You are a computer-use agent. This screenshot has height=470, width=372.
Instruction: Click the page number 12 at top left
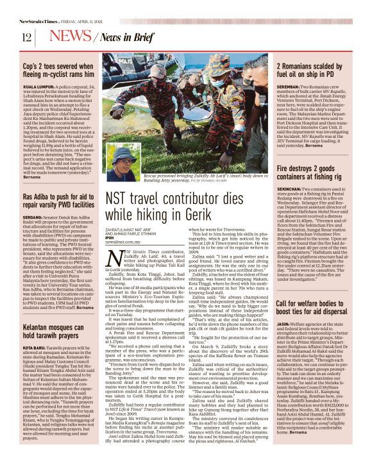pyautogui.click(x=27, y=37)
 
